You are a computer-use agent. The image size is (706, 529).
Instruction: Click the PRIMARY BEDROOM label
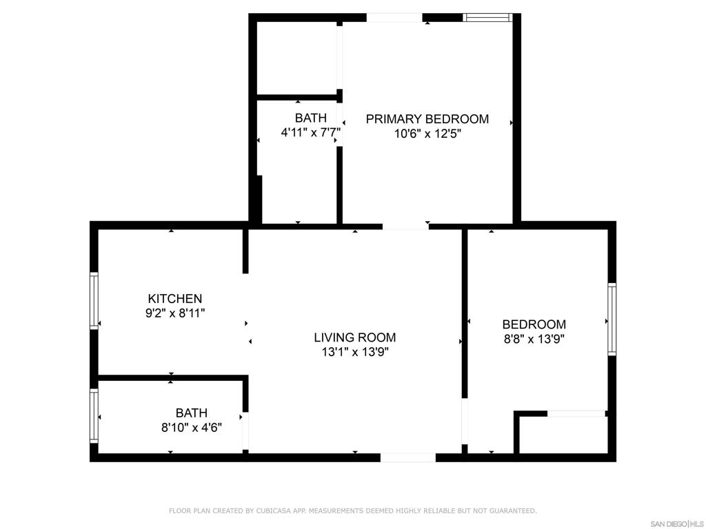click(427, 119)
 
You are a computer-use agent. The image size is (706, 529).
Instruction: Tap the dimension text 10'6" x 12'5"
click(427, 134)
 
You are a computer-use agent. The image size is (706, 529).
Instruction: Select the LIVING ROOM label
click(354, 338)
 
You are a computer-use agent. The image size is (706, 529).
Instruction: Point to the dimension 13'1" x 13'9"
click(354, 352)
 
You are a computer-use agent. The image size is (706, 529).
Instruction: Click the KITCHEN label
click(175, 298)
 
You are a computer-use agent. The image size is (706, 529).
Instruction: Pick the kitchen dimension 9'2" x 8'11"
click(175, 313)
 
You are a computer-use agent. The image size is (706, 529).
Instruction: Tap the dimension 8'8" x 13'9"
click(534, 339)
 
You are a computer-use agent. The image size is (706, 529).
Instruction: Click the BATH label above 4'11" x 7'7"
click(310, 118)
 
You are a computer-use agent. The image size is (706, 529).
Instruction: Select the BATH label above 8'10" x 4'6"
click(191, 413)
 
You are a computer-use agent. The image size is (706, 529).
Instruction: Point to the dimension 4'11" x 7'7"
click(310, 132)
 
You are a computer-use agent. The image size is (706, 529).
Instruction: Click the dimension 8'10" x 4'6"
click(191, 427)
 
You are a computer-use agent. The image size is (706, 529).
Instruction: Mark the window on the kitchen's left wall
click(94, 300)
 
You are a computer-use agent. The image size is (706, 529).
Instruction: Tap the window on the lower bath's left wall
click(94, 416)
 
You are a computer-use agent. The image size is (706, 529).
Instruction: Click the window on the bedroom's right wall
click(612, 319)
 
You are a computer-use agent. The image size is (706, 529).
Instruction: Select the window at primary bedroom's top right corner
click(487, 17)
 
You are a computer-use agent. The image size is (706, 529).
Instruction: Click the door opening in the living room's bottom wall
click(407, 457)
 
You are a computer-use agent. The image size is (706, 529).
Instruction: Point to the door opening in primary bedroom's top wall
click(394, 17)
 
